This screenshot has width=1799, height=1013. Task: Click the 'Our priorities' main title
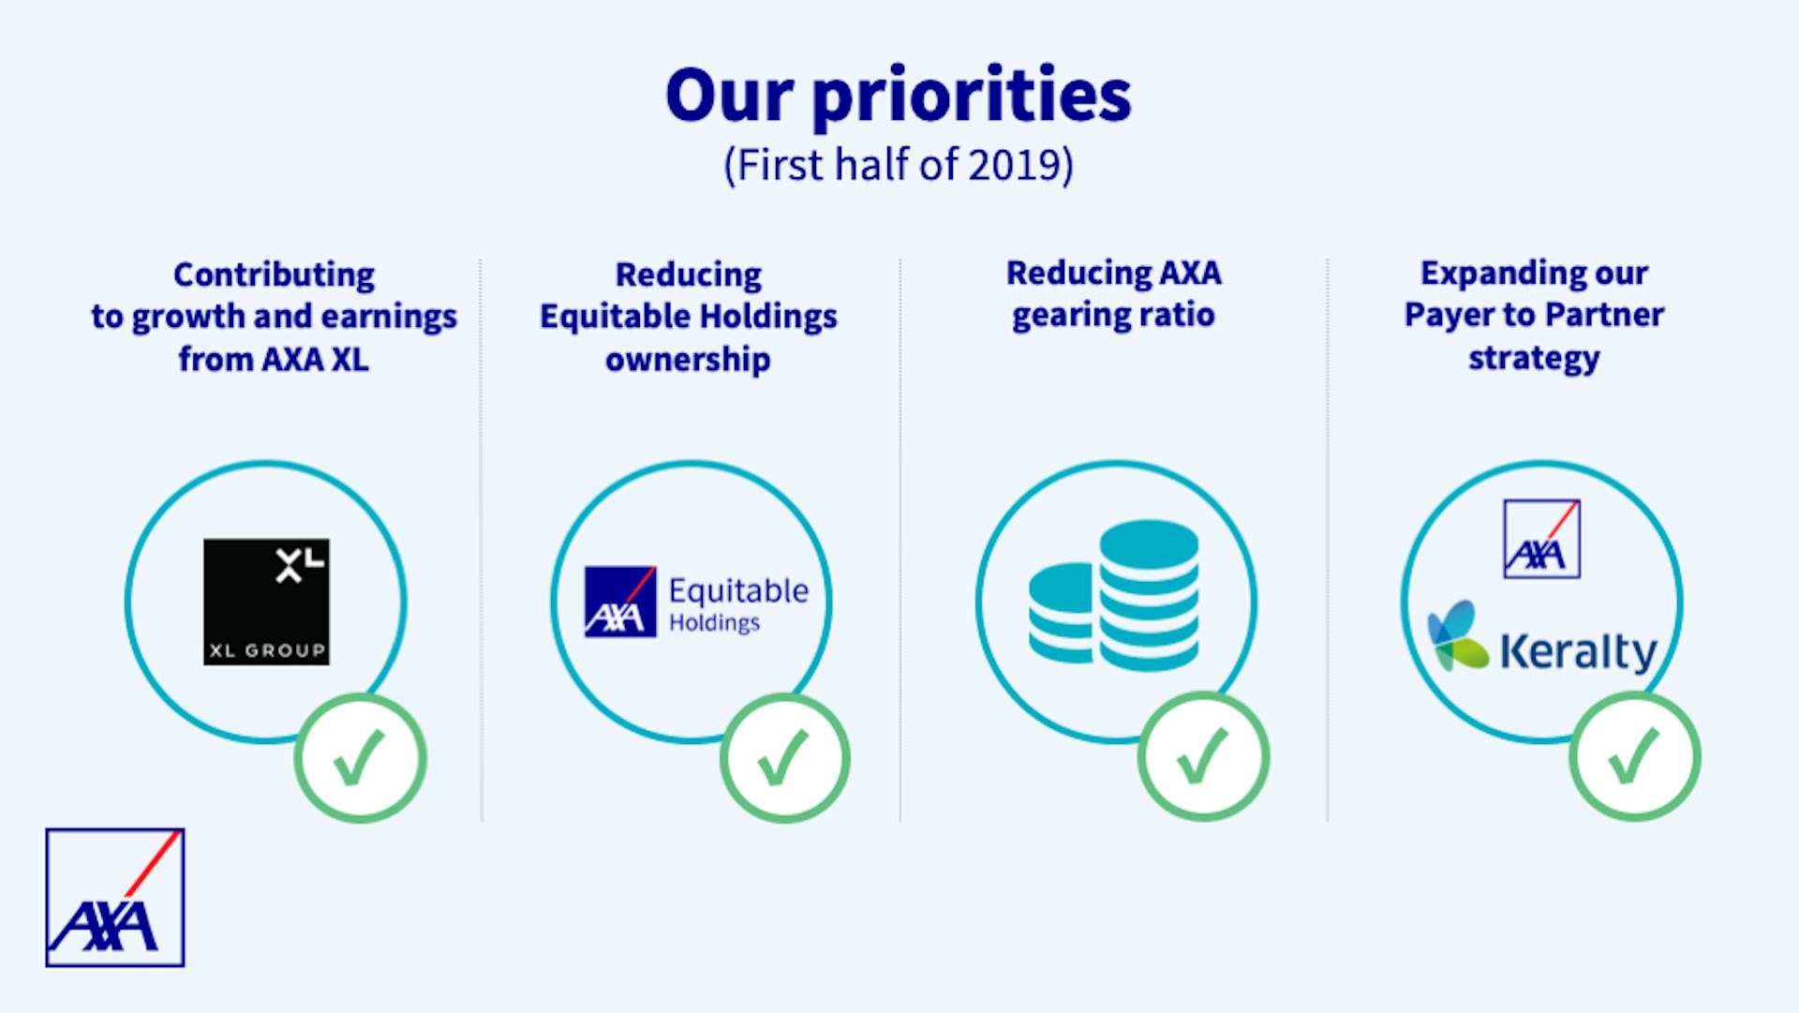coord(899,97)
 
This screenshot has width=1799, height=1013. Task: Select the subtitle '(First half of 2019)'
coord(899,165)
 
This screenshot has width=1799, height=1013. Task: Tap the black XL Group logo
coord(266,602)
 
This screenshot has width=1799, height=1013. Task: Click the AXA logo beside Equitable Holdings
coord(620,602)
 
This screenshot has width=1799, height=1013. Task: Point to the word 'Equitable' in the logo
coord(738,591)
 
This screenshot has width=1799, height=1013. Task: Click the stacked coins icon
coord(1113,596)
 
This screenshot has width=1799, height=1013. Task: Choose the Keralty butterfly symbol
coord(1457,636)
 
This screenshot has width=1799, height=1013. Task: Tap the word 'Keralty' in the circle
coord(1579,652)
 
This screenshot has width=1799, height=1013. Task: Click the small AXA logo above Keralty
coord(1541,539)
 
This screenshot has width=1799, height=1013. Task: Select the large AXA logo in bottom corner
coord(115,897)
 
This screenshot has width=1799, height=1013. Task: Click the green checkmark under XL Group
coord(360,757)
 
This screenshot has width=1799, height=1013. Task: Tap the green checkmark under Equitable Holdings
coord(784,757)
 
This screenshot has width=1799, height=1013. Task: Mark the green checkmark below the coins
coord(1203,756)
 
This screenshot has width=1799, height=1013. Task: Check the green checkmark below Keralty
coord(1634,756)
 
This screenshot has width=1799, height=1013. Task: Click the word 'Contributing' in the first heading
coord(274,275)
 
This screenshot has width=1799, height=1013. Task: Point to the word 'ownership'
coord(688,359)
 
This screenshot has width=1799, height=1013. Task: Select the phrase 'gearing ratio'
coord(1113,315)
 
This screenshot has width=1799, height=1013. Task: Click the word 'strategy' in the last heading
coord(1534,358)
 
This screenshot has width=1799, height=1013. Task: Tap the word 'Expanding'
coord(1479,274)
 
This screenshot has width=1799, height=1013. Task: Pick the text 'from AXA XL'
coord(274,359)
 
